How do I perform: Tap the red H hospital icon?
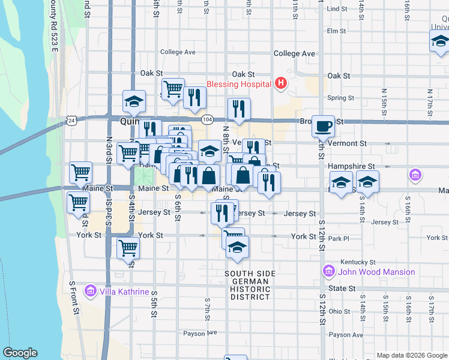click(x=280, y=84)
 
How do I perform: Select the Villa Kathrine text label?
click(x=124, y=292)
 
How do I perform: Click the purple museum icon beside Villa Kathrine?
click(x=91, y=292)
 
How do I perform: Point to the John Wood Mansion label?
click(x=376, y=272)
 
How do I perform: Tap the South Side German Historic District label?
click(x=250, y=285)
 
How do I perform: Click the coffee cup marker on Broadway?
click(x=323, y=126)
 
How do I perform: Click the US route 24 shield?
click(x=71, y=121)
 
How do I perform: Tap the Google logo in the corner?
click(x=20, y=353)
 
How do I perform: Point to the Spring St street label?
click(x=338, y=98)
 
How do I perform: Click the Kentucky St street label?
click(x=358, y=262)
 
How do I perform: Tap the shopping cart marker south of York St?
click(x=128, y=247)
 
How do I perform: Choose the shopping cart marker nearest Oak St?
click(x=173, y=89)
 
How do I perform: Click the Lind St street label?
click(x=337, y=9)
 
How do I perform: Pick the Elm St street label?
click(x=336, y=31)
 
